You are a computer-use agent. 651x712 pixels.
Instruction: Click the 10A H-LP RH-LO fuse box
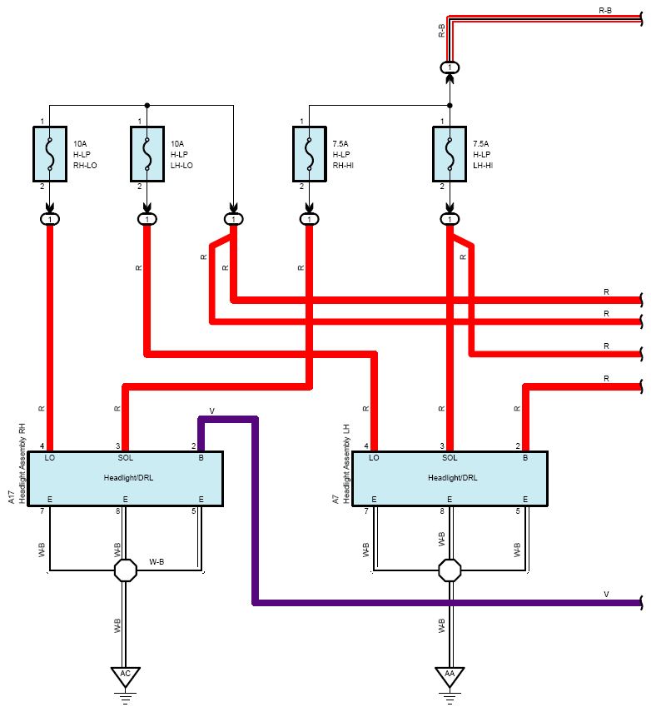coord(50,154)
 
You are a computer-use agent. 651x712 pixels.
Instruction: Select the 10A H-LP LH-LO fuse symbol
coord(147,154)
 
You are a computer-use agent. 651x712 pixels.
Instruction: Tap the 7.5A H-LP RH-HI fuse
coord(310,154)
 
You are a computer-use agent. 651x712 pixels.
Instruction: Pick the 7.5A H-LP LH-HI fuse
coord(450,154)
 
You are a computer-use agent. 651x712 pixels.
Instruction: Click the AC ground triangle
coord(126,675)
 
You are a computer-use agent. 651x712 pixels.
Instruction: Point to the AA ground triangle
coord(450,675)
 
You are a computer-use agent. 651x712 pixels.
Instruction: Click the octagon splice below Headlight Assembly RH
coord(126,570)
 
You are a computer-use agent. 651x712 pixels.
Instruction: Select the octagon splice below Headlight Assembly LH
coord(450,570)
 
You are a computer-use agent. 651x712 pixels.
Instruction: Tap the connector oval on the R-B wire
coord(450,67)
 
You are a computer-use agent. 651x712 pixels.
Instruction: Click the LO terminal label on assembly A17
coord(49,458)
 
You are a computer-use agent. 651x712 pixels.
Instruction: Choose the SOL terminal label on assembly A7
coord(450,458)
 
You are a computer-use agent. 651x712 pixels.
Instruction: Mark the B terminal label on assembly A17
coord(201,458)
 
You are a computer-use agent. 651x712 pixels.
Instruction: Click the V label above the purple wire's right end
coord(607,594)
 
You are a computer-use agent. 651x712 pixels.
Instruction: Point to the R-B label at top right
coord(605,10)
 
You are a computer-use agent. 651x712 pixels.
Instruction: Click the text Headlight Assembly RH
coord(22,463)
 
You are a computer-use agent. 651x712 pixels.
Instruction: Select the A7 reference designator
coord(335,499)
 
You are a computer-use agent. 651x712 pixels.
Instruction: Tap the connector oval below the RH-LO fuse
coord(50,219)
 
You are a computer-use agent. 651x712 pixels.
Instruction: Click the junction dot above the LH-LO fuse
coord(147,106)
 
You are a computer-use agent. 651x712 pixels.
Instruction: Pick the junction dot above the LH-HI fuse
coord(450,106)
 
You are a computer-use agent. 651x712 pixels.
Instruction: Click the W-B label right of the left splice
coord(157,562)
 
